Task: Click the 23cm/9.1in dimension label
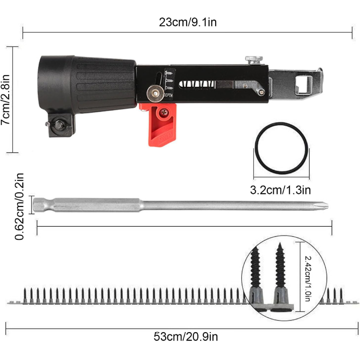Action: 188,22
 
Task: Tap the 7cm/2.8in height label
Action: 5,99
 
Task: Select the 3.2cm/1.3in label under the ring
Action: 280,190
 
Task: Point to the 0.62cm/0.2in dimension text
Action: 19,207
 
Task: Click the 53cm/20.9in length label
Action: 186,337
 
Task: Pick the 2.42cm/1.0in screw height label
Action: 308,278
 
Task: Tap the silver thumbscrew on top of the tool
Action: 254,60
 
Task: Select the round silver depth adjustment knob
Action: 155,94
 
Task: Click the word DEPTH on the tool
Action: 168,95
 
